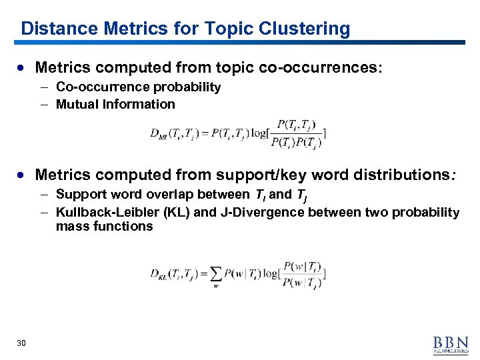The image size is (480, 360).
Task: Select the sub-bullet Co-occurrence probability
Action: (x=138, y=87)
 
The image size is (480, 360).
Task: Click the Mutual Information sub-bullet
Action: (x=115, y=104)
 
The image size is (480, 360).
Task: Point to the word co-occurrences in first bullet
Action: (x=313, y=67)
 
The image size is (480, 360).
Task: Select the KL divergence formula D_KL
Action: (x=237, y=273)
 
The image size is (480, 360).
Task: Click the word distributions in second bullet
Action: (x=395, y=175)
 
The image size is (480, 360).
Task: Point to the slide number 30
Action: (x=21, y=343)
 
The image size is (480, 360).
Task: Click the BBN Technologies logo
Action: (x=450, y=343)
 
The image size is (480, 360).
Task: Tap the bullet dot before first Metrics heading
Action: (x=23, y=68)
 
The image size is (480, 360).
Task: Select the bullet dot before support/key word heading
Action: (x=23, y=175)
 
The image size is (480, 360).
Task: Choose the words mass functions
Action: (x=105, y=227)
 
